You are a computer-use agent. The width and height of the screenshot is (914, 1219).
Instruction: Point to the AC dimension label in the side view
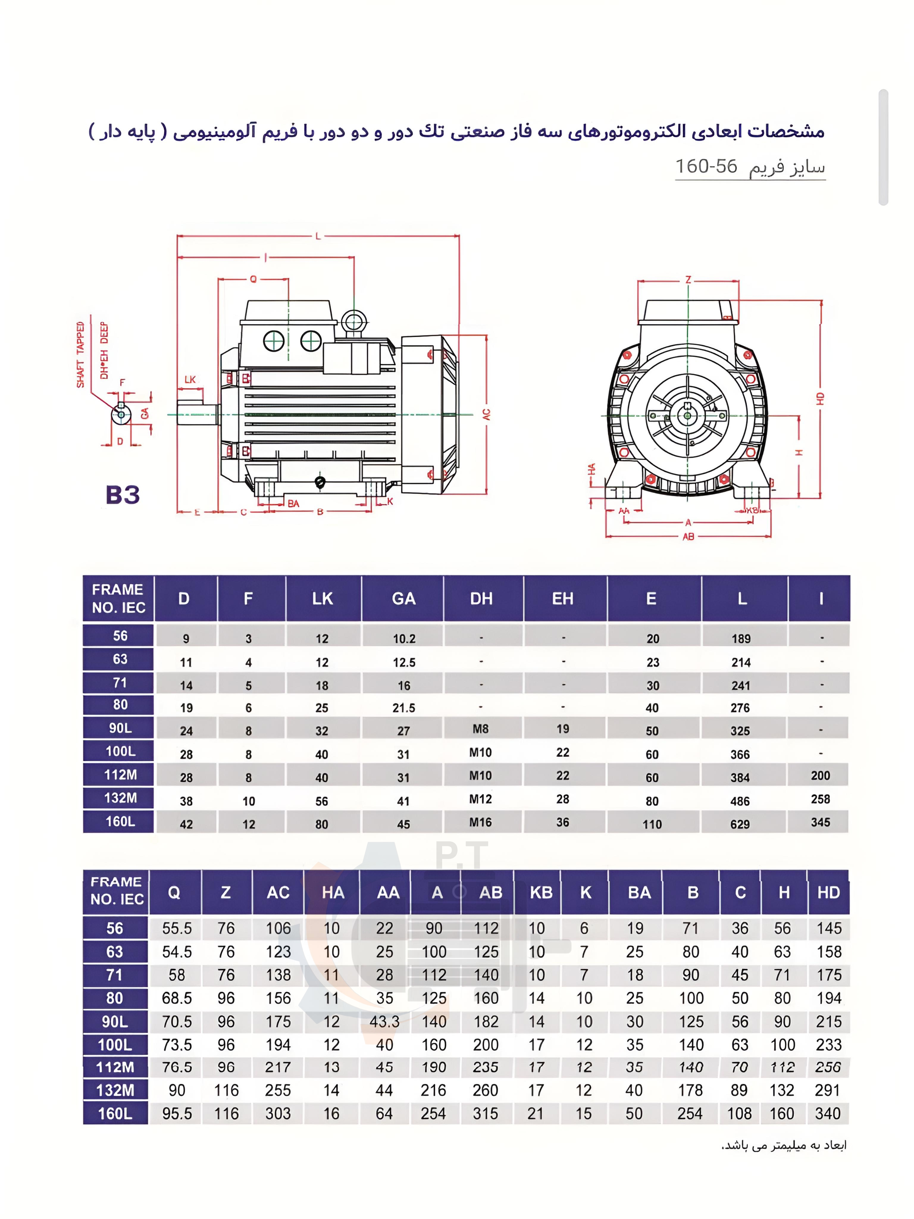tap(486, 414)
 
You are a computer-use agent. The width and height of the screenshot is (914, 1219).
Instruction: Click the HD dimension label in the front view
tap(820, 398)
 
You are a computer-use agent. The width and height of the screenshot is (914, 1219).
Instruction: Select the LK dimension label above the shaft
tap(190, 380)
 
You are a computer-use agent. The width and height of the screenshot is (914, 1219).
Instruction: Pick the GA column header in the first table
tap(403, 598)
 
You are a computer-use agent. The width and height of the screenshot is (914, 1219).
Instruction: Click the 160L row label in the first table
tap(120, 821)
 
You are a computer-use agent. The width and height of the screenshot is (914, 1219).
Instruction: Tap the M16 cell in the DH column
tap(481, 822)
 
